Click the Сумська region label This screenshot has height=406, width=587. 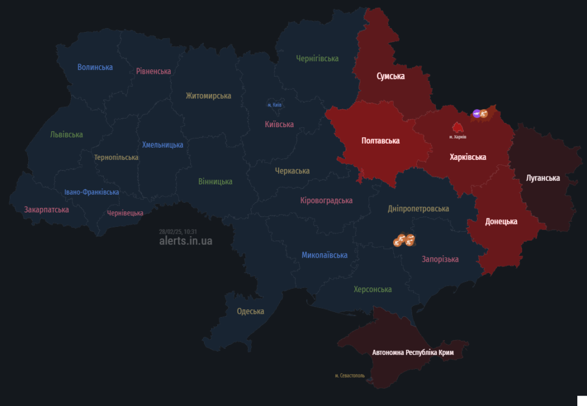tap(390, 76)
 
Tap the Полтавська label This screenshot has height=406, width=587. tap(381, 140)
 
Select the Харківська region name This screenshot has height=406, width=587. tap(468, 157)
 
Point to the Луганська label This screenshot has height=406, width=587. tap(542, 178)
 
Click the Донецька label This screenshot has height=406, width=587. tap(501, 221)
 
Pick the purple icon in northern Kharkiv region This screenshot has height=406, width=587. tap(476, 114)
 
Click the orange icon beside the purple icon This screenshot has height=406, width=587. tap(484, 114)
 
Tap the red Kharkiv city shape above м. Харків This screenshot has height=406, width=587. tap(457, 127)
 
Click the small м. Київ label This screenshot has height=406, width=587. tap(275, 105)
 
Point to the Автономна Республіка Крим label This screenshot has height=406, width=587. tap(413, 353)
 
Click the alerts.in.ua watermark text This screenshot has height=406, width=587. tap(186, 241)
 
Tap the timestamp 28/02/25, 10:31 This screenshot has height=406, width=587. tap(178, 231)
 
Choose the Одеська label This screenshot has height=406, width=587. tap(251, 312)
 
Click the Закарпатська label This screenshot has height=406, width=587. tap(46, 210)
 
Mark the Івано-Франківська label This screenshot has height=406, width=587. tap(92, 192)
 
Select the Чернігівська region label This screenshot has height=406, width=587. tap(317, 58)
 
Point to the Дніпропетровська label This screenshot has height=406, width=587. tap(418, 208)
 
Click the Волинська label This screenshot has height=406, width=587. tap(95, 67)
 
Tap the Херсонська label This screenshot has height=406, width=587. tap(373, 289)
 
